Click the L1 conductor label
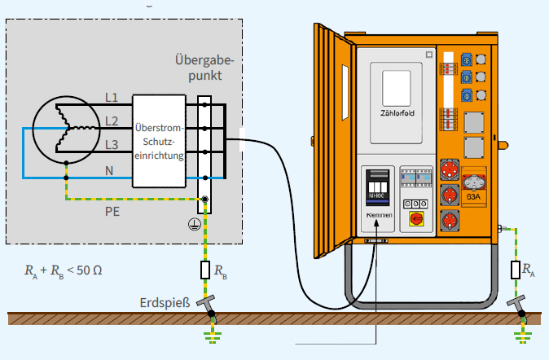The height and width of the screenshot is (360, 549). point(112,98)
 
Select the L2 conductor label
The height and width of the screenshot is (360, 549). point(112,121)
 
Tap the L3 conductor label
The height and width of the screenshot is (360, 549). point(112,145)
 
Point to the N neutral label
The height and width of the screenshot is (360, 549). point(109,169)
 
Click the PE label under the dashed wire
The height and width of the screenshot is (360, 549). point(113,210)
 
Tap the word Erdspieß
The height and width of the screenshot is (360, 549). point(166,304)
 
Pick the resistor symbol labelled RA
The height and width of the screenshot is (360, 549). point(515,269)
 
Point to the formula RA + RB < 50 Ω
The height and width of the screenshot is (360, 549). point(64,269)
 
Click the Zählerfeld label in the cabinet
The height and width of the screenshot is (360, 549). point(397,113)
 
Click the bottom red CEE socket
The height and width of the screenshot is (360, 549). point(449,222)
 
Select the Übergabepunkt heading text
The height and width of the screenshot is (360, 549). point(204,68)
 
